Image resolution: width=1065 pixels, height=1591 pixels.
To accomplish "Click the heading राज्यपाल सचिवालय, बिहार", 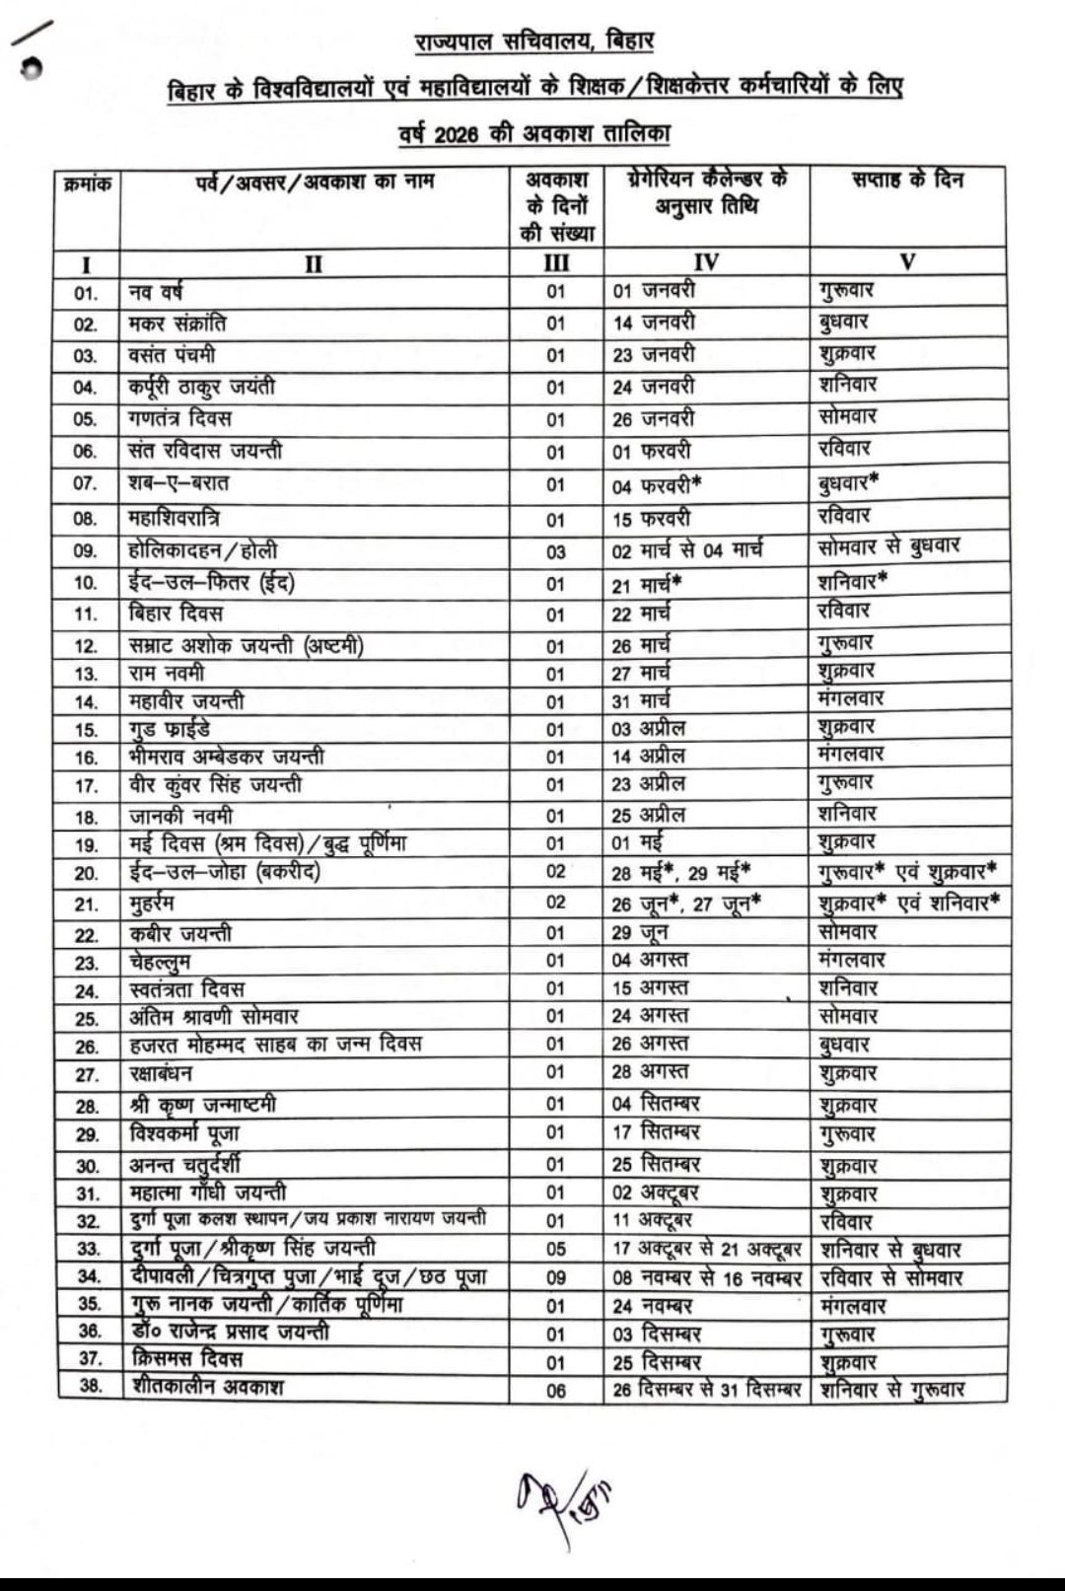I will pos(533,41).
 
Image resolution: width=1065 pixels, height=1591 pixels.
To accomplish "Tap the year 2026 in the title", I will pos(456,133).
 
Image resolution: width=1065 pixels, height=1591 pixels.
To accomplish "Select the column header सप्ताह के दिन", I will pos(907,180).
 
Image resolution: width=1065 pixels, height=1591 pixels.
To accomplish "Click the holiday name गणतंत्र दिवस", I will pos(179,418).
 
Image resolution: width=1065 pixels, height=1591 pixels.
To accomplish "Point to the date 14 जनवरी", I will pos(653,323).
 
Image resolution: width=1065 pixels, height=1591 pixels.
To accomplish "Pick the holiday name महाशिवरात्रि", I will pos(174,518).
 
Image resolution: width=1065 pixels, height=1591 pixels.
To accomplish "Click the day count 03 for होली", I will pos(556,551).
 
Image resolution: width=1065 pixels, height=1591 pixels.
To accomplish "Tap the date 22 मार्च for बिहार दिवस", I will pos(641,614).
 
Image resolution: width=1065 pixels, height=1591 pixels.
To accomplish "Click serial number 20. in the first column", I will pos(87,873).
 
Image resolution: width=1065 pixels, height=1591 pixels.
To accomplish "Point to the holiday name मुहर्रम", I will pos(152,904).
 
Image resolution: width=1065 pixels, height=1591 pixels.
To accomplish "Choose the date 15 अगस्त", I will pos(650,988).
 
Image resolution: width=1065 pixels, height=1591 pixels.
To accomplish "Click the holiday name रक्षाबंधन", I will pos(161,1074).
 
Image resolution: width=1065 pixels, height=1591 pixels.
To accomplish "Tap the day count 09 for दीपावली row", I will pos(556,1278).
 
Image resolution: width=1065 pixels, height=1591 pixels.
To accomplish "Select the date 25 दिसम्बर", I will pos(656,1362).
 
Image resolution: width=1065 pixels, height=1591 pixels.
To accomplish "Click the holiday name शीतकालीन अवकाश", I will pos(206,1387).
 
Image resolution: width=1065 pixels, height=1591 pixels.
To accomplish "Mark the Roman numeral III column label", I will pos(556,263).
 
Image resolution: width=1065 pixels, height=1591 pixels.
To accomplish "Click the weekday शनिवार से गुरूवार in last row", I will pos(891,1390).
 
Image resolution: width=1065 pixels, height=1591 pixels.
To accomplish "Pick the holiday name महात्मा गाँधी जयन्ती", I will pos(208,1193).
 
